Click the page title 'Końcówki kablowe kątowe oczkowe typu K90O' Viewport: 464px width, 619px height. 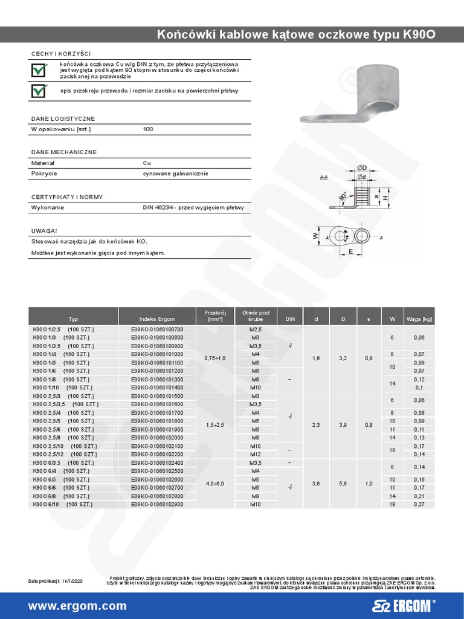pos(295,34)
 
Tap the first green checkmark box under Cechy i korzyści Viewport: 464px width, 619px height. pos(39,71)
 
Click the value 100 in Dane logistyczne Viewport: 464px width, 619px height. pos(148,129)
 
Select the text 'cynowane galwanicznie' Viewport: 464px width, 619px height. pos(175,173)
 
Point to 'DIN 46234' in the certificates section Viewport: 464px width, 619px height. pos(159,207)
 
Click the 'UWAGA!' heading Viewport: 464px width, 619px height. pos(44,230)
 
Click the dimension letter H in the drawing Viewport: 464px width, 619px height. pos(384,198)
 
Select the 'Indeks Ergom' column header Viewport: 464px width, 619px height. pos(156,319)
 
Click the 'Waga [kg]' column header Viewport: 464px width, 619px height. pos(418,319)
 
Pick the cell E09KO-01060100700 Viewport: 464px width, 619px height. pos(156,329)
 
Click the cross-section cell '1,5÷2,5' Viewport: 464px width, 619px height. pos(214,425)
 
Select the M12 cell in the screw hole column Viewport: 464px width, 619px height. pos(255,453)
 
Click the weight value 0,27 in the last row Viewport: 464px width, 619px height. pos(418,504)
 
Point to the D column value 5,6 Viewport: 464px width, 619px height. pos(343,483)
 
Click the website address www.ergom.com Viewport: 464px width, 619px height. pos(77,606)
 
